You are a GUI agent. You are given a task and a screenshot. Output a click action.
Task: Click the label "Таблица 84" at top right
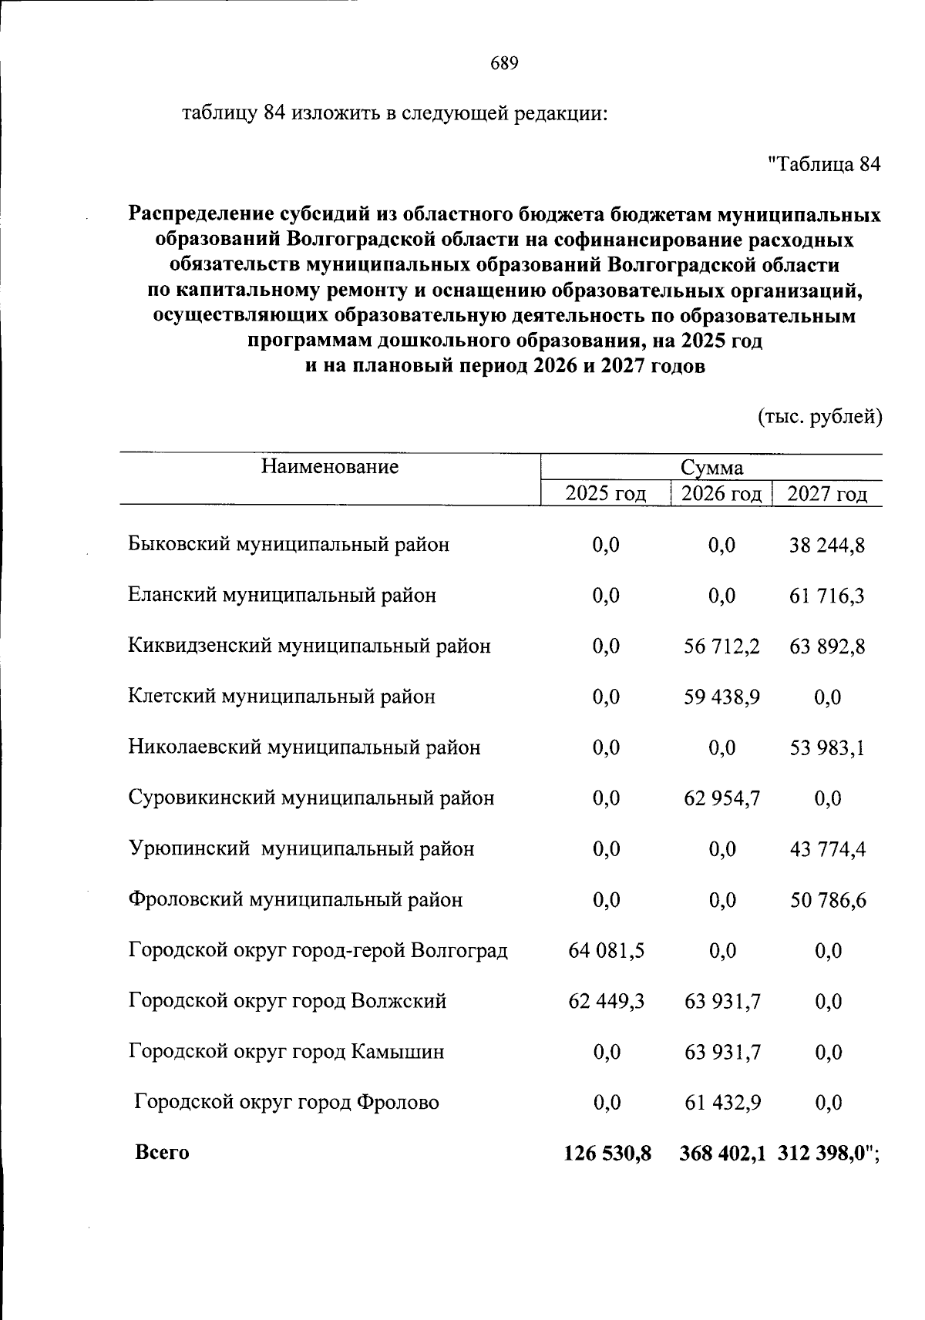click(x=824, y=164)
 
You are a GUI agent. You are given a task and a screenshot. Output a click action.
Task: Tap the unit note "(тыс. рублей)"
click(x=820, y=417)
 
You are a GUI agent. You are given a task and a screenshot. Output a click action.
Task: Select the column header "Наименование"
click(x=329, y=465)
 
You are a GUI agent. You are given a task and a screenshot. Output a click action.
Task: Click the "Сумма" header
click(x=711, y=468)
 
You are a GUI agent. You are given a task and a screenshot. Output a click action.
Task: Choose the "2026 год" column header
click(x=721, y=493)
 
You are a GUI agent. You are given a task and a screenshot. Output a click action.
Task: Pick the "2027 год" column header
click(x=826, y=493)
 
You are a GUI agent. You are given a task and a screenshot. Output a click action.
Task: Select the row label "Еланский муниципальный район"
click(x=282, y=595)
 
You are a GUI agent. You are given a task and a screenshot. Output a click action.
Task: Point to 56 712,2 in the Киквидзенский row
click(x=721, y=646)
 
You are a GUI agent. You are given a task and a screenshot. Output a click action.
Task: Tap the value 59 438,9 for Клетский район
click(x=721, y=697)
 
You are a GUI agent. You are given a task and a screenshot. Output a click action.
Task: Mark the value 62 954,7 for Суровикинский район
click(x=721, y=798)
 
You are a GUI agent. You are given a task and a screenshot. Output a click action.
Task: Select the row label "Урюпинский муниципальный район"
click(x=301, y=848)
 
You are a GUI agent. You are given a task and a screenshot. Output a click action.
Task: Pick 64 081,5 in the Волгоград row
click(x=606, y=950)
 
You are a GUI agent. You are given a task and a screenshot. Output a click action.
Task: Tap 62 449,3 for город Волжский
click(x=606, y=1001)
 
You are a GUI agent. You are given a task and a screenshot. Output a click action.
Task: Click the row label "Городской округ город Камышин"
click(x=286, y=1051)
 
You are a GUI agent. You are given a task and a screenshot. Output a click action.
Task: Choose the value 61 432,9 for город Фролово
click(x=721, y=1102)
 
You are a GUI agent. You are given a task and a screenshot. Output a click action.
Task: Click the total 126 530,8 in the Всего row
click(x=607, y=1153)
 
